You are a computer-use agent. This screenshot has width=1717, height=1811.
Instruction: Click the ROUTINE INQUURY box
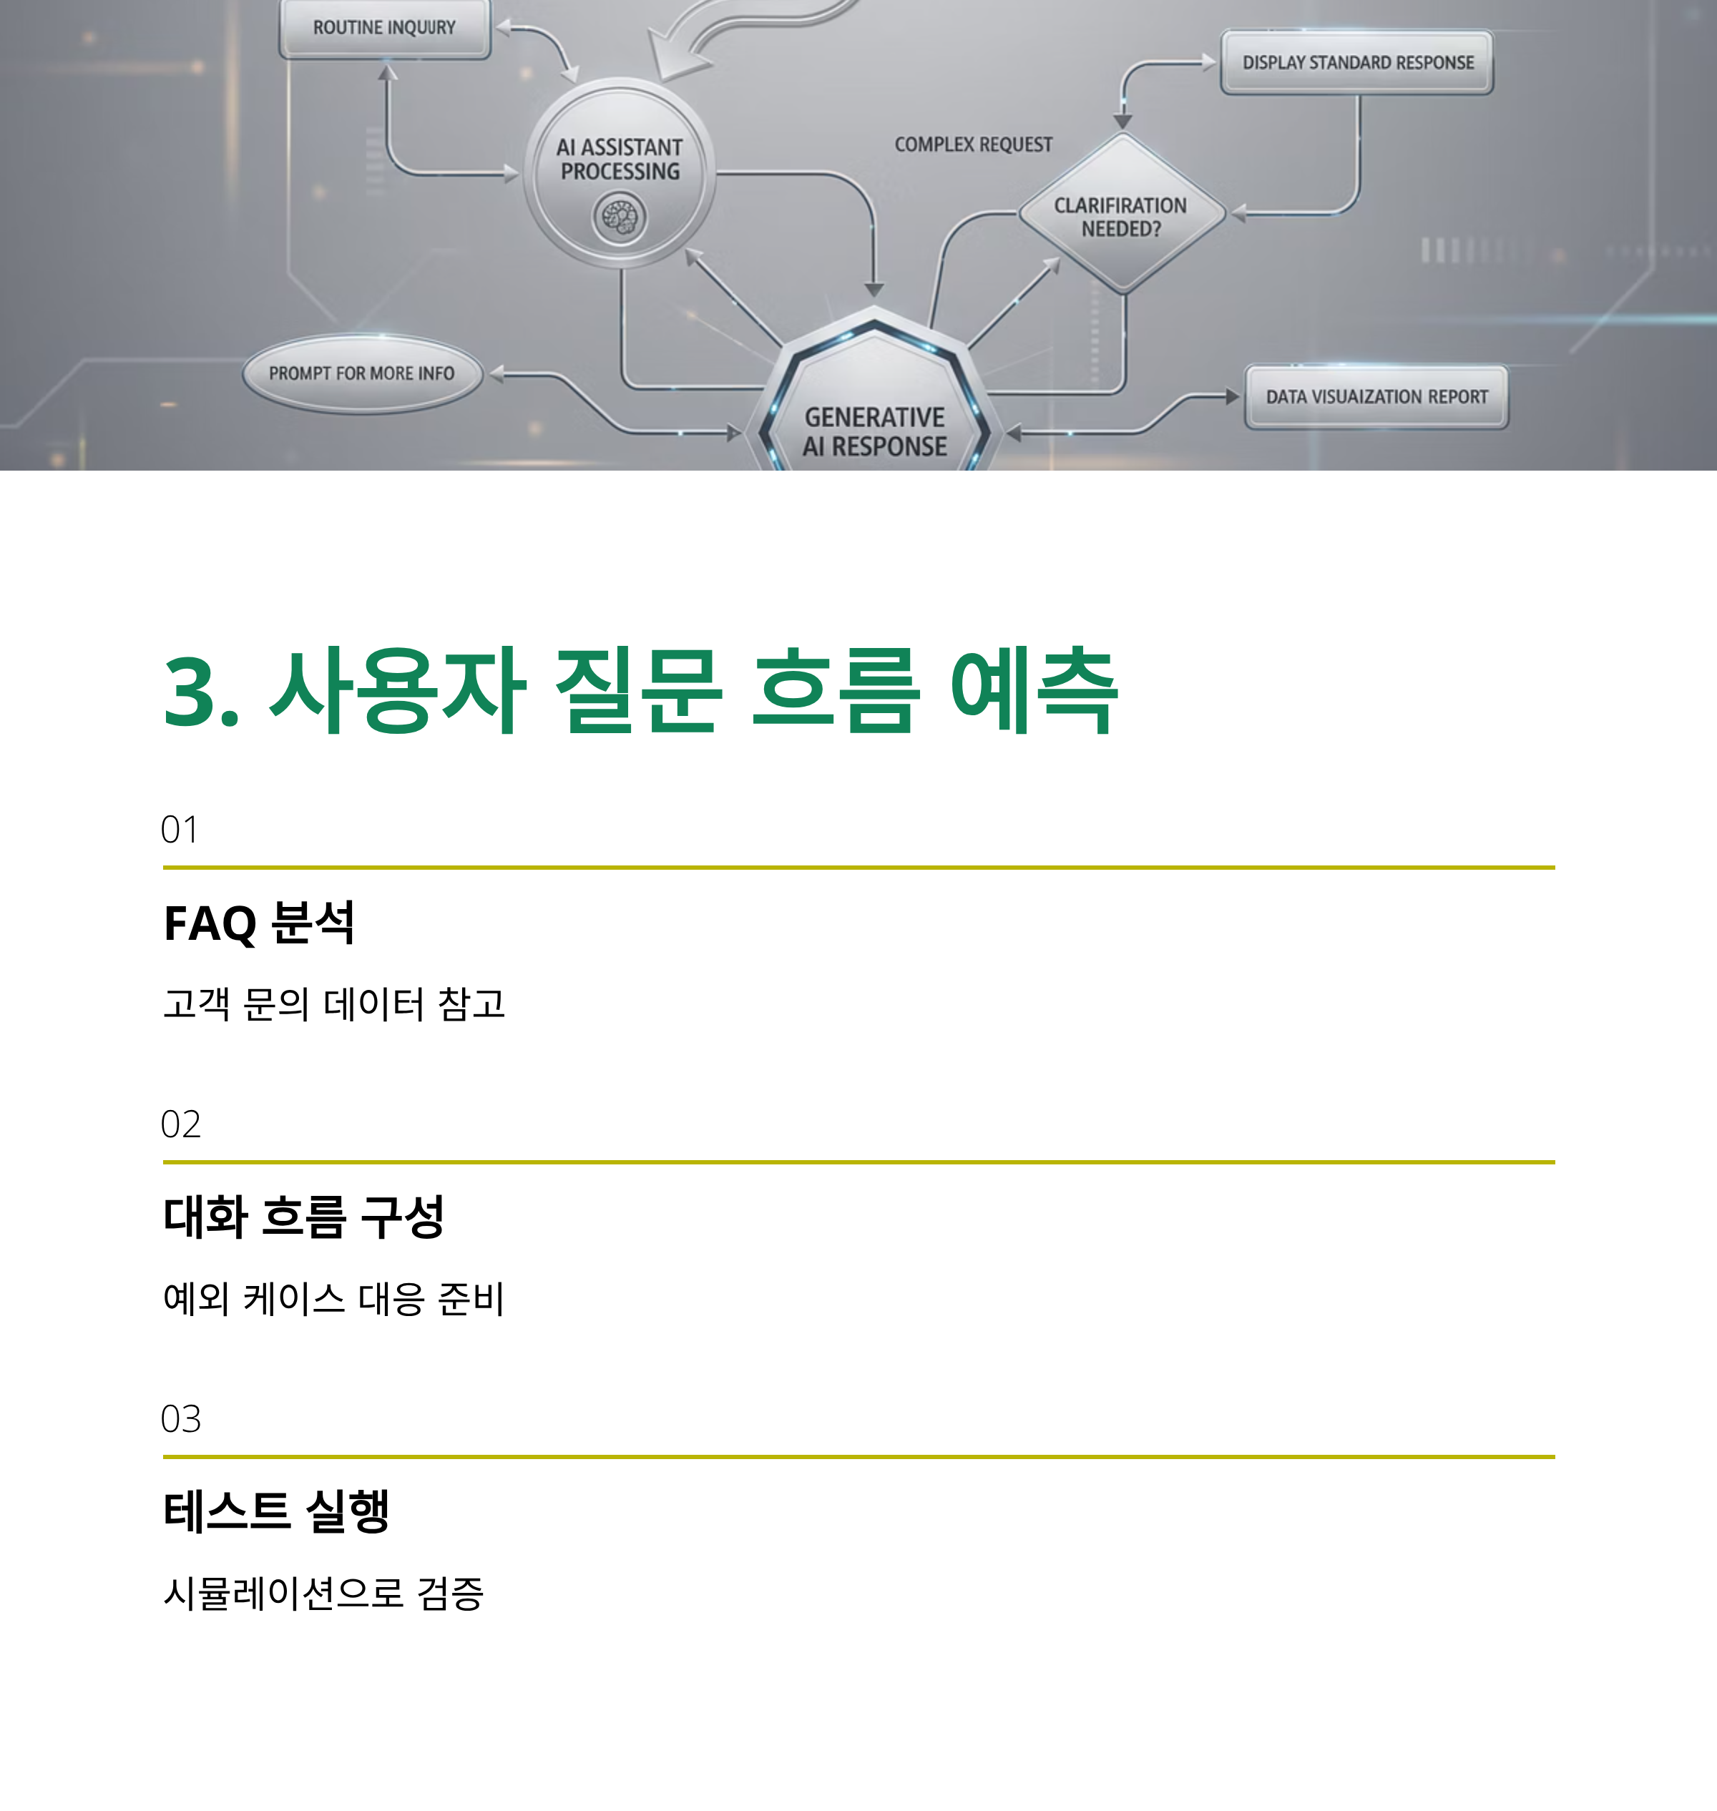coord(384,29)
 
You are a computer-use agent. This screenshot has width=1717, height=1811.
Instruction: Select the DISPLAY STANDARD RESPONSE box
coord(1357,62)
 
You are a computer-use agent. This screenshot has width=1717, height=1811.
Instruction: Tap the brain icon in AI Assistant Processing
coord(620,218)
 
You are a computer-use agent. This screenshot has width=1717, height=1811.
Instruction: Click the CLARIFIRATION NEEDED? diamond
coord(1121,215)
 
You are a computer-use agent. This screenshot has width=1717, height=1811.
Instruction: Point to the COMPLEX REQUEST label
coord(973,144)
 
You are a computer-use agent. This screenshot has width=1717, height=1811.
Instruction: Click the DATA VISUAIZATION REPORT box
coord(1376,397)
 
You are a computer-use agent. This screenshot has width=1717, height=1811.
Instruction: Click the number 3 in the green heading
coord(190,693)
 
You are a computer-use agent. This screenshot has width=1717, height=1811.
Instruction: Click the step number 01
coord(180,830)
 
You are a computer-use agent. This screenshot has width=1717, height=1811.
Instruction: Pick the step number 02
coord(180,1124)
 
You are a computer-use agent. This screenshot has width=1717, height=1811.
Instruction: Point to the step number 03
coord(180,1419)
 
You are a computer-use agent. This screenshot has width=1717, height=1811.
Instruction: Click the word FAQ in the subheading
coord(210,923)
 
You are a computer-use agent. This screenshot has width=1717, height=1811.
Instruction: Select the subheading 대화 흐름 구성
coord(303,1217)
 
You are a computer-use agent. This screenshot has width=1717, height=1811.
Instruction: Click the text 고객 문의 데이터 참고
coord(334,1004)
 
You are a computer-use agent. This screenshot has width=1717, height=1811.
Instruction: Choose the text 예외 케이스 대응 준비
coord(333,1299)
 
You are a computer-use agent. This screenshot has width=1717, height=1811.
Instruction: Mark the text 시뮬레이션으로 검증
coord(323,1593)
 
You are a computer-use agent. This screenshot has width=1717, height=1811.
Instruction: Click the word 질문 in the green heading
coord(638,691)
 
